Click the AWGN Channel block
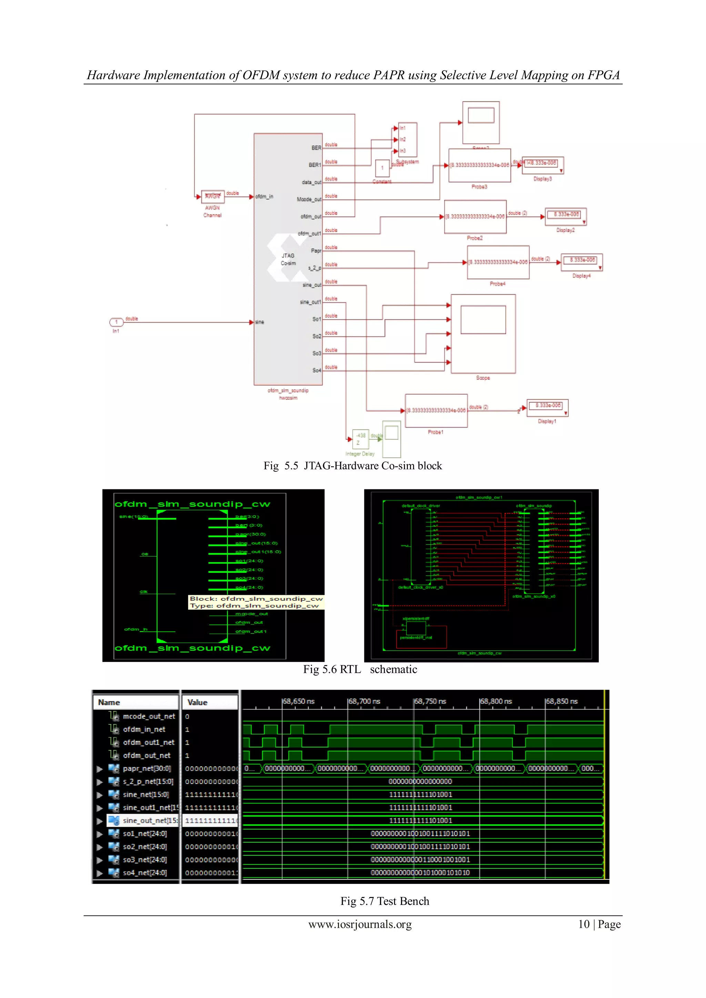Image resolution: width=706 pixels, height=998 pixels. click(x=213, y=196)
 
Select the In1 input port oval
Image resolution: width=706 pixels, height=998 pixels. click(x=116, y=322)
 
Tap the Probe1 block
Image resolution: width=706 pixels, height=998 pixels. click(x=436, y=411)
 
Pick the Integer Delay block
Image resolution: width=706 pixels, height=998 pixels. click(x=360, y=439)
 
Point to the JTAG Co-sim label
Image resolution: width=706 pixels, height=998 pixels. click(x=288, y=259)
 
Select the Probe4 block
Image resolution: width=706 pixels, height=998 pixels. click(x=498, y=262)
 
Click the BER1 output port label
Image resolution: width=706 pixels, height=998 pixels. click(x=314, y=165)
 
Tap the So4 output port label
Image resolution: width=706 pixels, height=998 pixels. click(x=316, y=370)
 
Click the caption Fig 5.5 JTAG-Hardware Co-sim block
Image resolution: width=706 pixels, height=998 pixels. click(x=353, y=466)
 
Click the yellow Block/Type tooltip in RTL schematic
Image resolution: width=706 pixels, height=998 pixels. click(x=256, y=602)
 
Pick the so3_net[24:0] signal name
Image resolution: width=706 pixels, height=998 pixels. click(x=144, y=859)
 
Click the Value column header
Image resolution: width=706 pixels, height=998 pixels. click(x=198, y=702)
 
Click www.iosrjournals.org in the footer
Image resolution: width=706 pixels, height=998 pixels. click(x=360, y=925)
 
